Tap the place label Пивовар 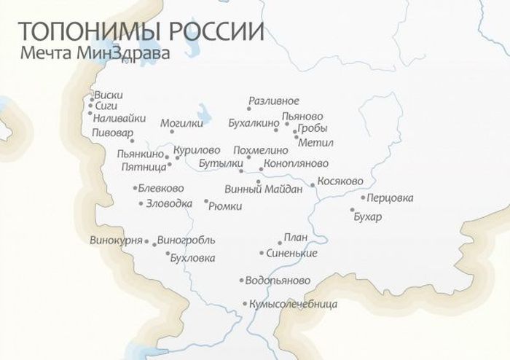(x=114, y=133)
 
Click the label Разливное (x=273, y=101)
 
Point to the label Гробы (x=313, y=128)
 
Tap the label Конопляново (x=297, y=163)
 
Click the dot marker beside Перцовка (x=363, y=197)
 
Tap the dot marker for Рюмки (x=205, y=201)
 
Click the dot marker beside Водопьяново (x=241, y=280)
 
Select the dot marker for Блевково (x=136, y=188)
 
